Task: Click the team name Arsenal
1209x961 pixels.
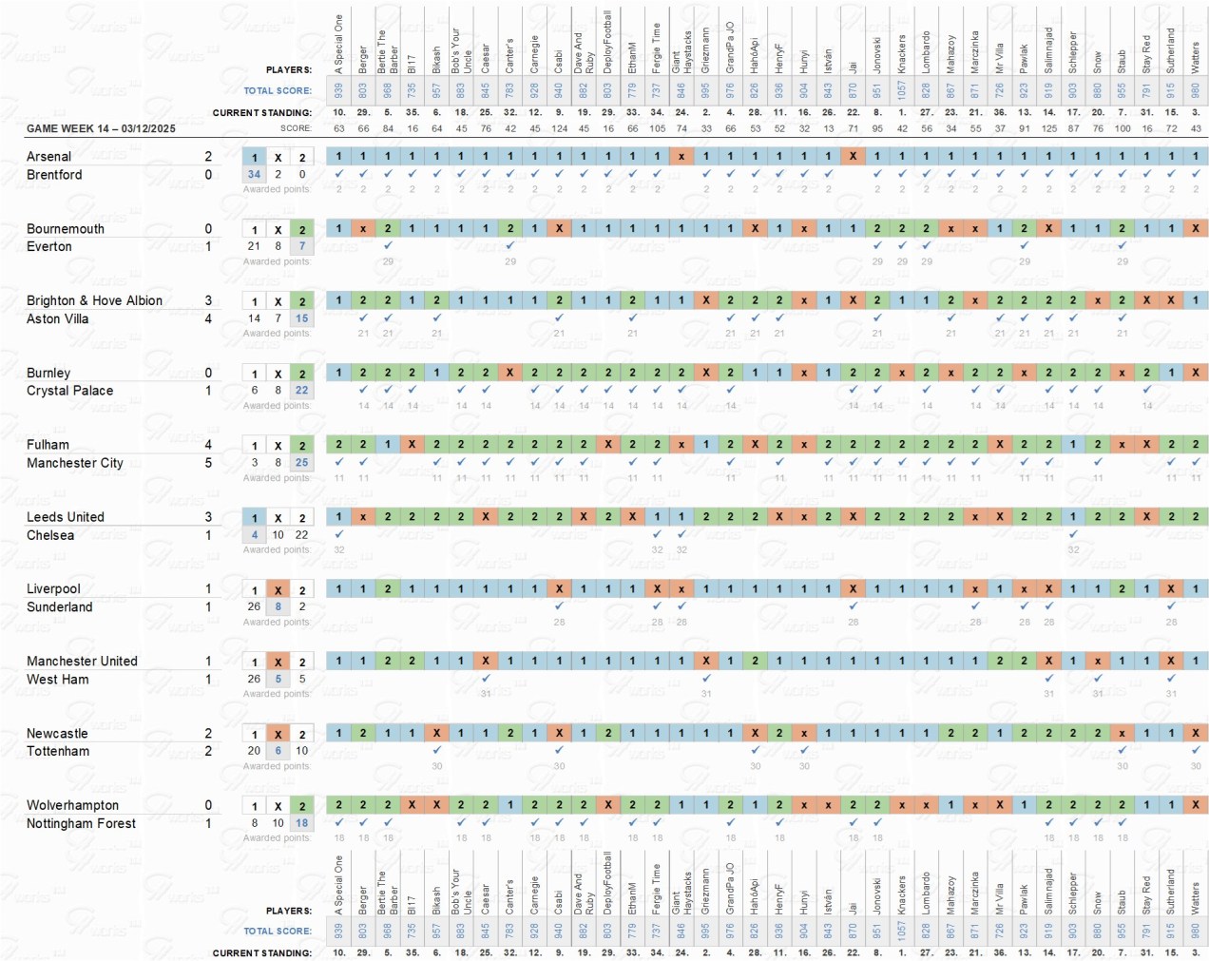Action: pos(48,157)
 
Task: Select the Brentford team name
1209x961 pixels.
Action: pos(54,175)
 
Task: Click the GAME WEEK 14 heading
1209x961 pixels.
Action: pos(101,128)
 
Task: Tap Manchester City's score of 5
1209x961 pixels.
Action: pos(208,463)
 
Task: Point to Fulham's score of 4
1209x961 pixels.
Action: pos(208,445)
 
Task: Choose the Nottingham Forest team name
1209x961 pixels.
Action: pos(81,824)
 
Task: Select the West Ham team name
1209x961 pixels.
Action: pos(58,680)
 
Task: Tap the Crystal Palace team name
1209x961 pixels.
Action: pos(69,391)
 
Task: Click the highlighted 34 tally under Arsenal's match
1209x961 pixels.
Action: pos(254,174)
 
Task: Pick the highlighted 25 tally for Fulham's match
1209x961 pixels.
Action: pos(301,463)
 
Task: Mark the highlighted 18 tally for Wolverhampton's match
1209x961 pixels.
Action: pos(301,823)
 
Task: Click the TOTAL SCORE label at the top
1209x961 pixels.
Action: pos(278,91)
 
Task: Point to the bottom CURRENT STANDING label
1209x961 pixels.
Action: pos(261,952)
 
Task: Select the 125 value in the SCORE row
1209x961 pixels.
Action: pos(1048,128)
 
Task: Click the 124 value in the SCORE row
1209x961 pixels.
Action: pos(559,128)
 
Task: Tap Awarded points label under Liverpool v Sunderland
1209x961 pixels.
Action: pos(277,622)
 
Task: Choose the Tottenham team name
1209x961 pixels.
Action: pos(58,752)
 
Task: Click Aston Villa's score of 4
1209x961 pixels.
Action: pos(208,318)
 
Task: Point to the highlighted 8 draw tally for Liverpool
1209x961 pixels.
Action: pos(278,606)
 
